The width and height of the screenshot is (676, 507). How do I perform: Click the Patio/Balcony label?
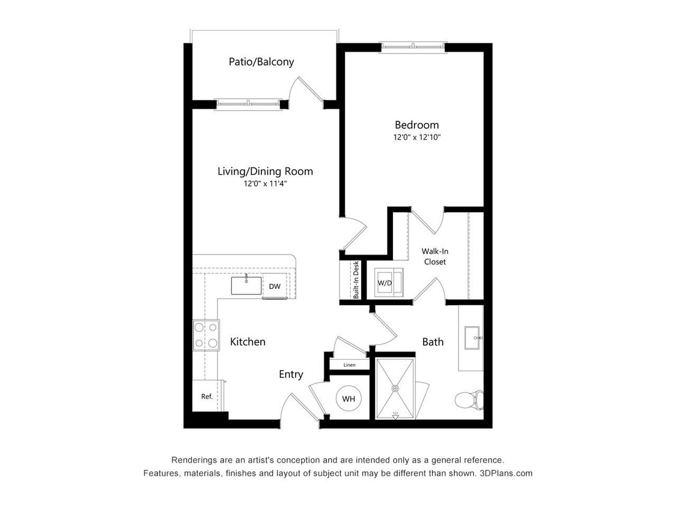(x=261, y=62)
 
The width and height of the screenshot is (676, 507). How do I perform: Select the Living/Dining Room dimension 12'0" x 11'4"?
(x=265, y=184)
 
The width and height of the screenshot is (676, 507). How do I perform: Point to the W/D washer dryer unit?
(x=385, y=283)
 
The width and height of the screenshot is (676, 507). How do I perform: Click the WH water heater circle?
(x=349, y=398)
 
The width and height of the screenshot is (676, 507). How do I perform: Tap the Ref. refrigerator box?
(x=207, y=396)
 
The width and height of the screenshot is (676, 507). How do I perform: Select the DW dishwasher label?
(x=275, y=287)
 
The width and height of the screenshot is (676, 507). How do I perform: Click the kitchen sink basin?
(x=246, y=285)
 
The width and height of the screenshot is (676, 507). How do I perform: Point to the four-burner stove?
(x=206, y=335)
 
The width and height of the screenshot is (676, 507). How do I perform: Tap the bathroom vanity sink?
(x=472, y=338)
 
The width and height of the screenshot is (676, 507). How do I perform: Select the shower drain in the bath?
(x=395, y=389)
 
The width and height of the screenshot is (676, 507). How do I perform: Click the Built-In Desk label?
(x=356, y=280)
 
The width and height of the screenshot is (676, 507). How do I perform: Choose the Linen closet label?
(x=349, y=365)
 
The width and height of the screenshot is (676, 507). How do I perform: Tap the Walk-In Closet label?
(x=433, y=257)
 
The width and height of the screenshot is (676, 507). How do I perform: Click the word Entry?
(x=291, y=374)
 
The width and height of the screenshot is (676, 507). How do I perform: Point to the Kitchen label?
(x=248, y=342)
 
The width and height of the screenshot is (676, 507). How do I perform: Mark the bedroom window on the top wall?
(x=413, y=46)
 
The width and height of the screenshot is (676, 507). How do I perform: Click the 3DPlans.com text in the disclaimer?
(x=505, y=473)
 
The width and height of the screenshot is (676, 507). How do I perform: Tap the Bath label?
(x=433, y=342)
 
